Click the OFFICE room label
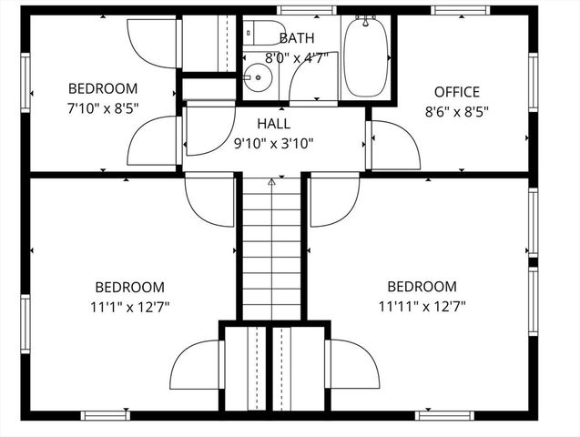coord(456,92)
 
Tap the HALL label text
coord(273,124)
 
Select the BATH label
coord(297,38)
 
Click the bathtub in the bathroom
coord(366,56)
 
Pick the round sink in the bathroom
coord(258,77)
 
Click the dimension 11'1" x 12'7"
coord(130,306)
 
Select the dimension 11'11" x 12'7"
coord(422,306)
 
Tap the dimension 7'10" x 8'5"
coord(103,108)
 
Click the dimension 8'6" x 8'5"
coord(456,113)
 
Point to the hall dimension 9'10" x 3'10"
coord(273,143)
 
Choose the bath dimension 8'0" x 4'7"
coord(296,57)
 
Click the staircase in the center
coord(270,250)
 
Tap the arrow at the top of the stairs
coord(270,182)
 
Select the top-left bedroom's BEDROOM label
coord(103,88)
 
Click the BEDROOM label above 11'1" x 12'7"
coord(130,286)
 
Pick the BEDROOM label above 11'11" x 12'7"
coord(422,286)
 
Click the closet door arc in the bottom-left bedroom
coord(193,364)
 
